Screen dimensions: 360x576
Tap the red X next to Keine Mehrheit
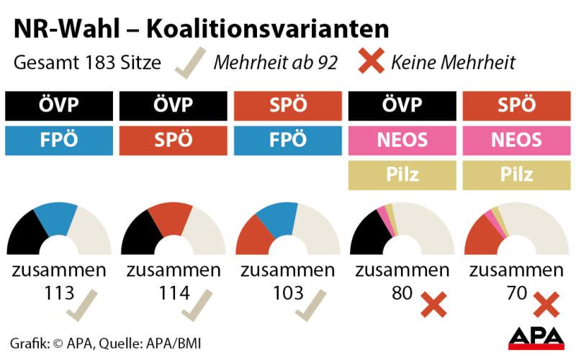pos(371,62)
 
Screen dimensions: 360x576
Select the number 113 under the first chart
pos(59,293)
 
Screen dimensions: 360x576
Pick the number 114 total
pos(174,293)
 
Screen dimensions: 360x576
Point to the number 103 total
pos(289,293)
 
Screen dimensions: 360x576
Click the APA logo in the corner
pos(536,336)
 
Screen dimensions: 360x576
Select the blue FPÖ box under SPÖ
pos(287,140)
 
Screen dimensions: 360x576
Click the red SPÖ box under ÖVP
pos(174,140)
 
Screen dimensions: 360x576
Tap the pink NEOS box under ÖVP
pos(402,140)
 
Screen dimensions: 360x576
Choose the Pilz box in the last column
pos(516,175)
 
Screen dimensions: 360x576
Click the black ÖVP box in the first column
pos(59,105)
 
